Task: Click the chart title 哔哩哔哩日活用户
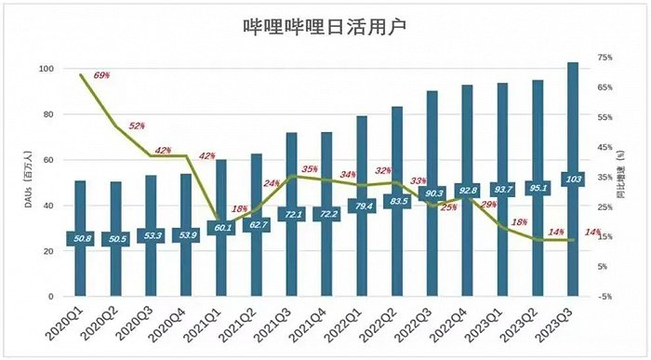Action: click(325, 28)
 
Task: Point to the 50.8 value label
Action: click(80, 239)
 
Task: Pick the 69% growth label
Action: click(102, 73)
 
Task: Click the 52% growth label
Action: click(137, 126)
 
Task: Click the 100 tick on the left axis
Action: click(45, 70)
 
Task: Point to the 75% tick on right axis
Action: click(604, 58)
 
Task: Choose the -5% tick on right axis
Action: click(604, 297)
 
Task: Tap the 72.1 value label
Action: click(291, 214)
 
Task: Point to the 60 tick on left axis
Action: click(47, 160)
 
